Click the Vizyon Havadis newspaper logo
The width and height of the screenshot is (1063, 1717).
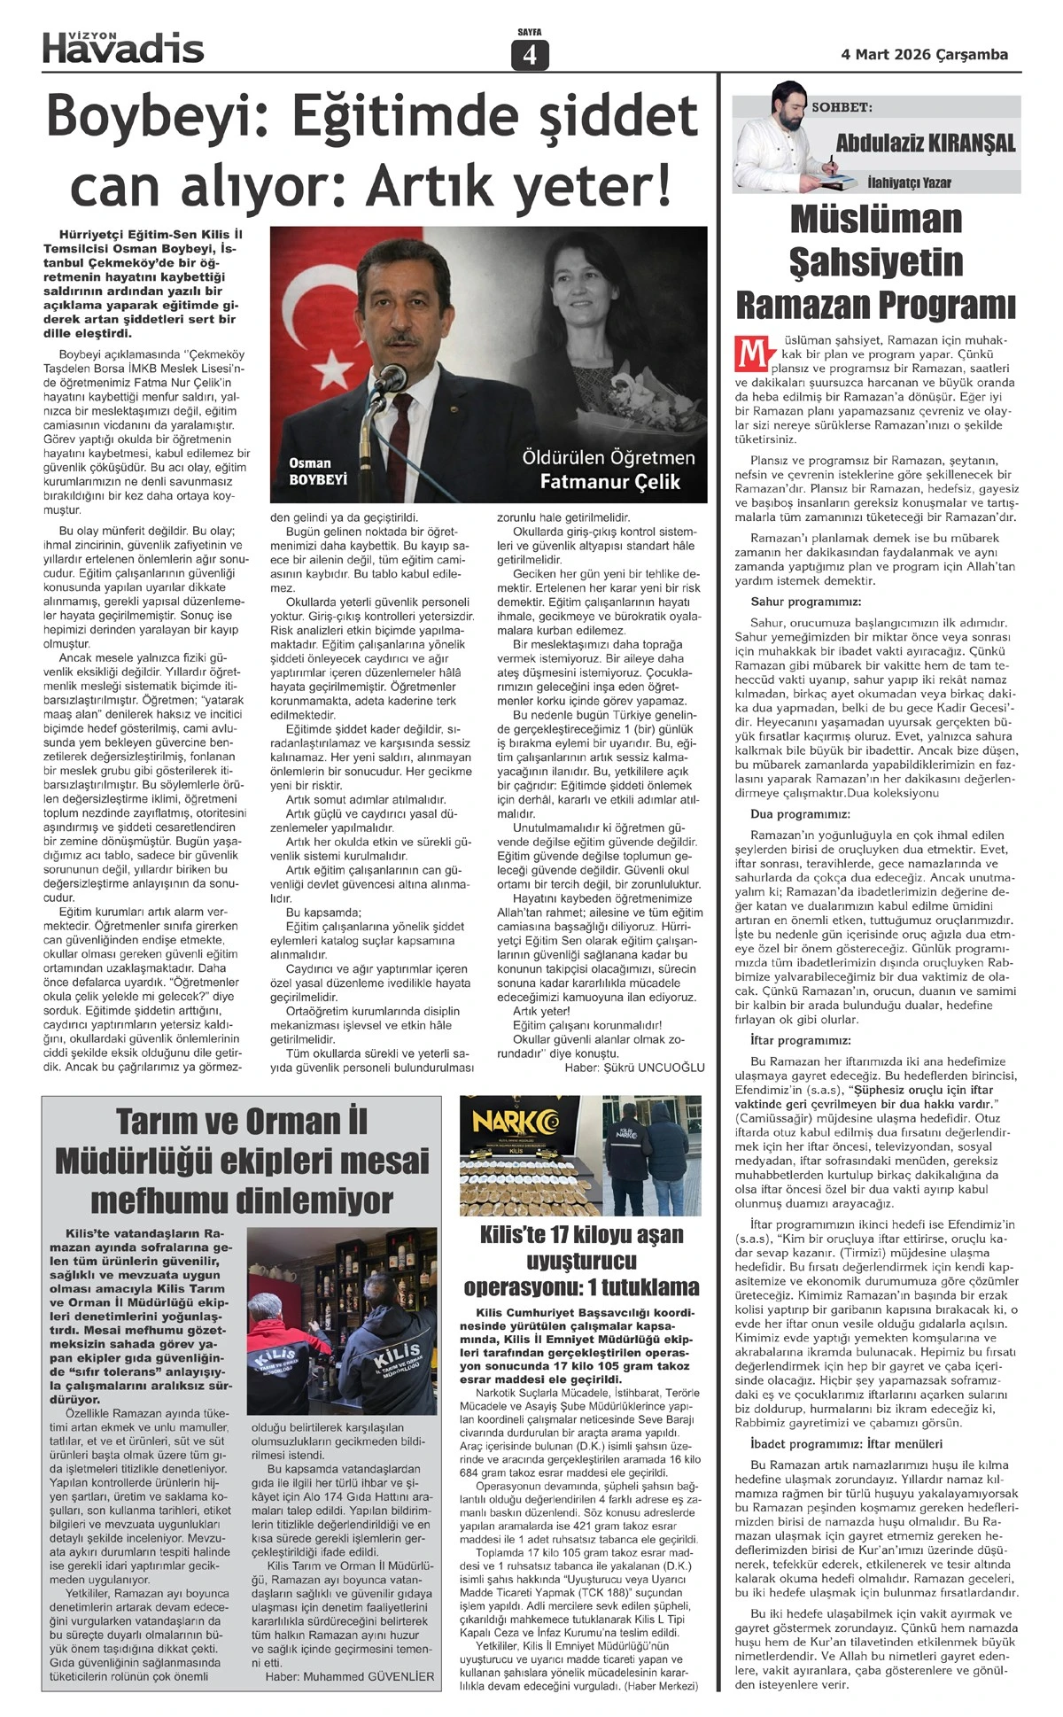pyautogui.click(x=123, y=47)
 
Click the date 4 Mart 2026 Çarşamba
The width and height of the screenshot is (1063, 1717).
pyautogui.click(x=924, y=55)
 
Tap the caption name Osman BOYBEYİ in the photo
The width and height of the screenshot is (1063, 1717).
pyautogui.click(x=317, y=471)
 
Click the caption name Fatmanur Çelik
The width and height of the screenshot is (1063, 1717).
pyautogui.click(x=610, y=482)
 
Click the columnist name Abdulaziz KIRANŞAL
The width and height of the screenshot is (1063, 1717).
pyautogui.click(x=926, y=144)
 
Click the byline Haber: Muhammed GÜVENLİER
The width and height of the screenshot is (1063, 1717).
pyautogui.click(x=350, y=1676)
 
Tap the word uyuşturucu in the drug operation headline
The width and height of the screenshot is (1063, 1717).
pyautogui.click(x=581, y=1261)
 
